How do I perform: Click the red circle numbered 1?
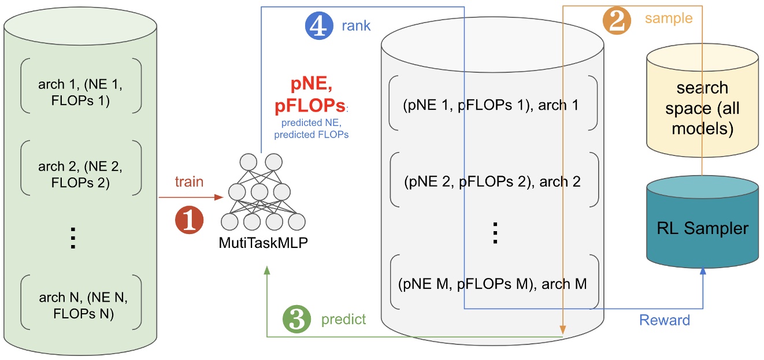[x=190, y=220]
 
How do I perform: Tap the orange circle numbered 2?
[x=617, y=20]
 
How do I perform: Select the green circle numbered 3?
[x=296, y=319]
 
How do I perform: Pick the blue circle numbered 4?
[x=319, y=25]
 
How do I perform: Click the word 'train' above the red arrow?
[x=190, y=181]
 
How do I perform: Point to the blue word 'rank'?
[x=356, y=26]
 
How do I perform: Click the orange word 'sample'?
[x=669, y=18]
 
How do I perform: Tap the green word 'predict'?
[x=343, y=320]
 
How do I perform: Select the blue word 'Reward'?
[x=665, y=320]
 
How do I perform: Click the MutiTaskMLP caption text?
[x=264, y=243]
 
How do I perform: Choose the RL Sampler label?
[x=703, y=228]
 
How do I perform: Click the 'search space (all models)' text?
[x=703, y=109]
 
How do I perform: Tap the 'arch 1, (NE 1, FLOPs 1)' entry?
[x=80, y=92]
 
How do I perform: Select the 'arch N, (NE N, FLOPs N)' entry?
[x=83, y=306]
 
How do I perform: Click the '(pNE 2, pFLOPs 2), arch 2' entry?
[x=492, y=181]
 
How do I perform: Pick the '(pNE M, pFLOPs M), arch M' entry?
[x=492, y=284]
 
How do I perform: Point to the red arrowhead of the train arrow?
[x=218, y=197]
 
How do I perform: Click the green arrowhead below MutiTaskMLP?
[x=267, y=270]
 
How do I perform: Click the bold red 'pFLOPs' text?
[x=310, y=105]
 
